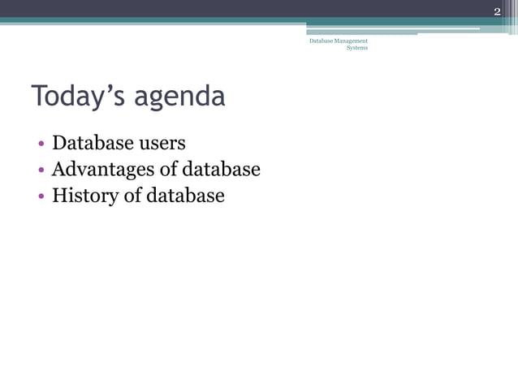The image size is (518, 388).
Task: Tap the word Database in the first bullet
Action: [92, 144]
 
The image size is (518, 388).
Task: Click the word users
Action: [162, 144]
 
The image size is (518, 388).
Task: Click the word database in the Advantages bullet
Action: [221, 170]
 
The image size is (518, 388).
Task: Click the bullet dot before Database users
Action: [40, 145]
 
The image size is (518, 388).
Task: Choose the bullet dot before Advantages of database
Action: [40, 171]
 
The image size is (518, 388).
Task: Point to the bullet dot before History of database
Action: [40, 197]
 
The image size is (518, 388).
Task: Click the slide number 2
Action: [497, 11]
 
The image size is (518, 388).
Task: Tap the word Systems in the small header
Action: [357, 48]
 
